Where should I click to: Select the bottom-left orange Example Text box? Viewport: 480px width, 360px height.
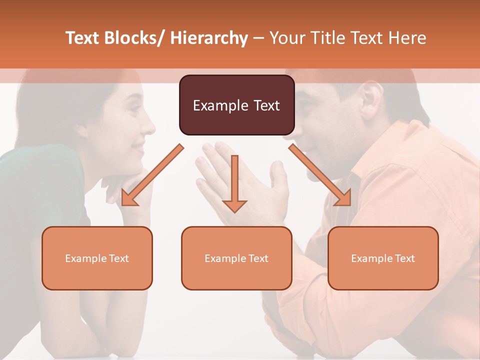pyautogui.click(x=97, y=258)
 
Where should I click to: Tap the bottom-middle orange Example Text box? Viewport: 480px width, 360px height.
pyautogui.click(x=236, y=258)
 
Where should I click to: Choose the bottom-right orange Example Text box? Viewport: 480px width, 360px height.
pyautogui.click(x=383, y=258)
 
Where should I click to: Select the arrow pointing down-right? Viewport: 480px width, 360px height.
pyautogui.click(x=320, y=175)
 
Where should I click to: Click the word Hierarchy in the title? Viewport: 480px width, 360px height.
pyautogui.click(x=209, y=38)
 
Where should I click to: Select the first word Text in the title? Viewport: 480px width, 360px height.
pyautogui.click(x=83, y=38)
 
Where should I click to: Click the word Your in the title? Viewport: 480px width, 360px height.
pyautogui.click(x=286, y=38)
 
